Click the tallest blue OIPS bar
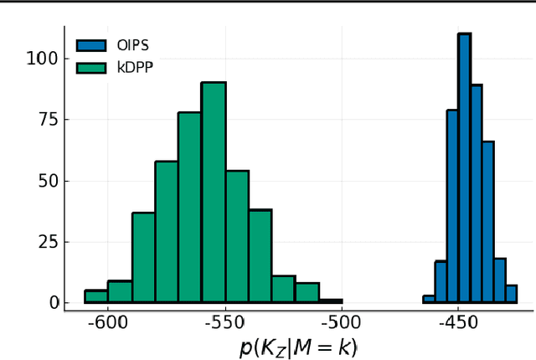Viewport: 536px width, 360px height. pos(464,167)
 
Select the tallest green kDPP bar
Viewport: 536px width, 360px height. pos(214,192)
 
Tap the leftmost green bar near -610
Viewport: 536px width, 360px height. pos(96,296)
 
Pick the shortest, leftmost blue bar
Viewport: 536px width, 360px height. pos(429,298)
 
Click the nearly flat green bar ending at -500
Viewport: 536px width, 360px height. pos(331,301)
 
